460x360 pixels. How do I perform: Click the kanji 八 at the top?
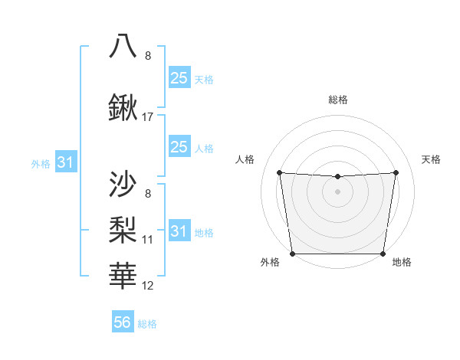(x=124, y=46)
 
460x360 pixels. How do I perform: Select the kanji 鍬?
(x=124, y=109)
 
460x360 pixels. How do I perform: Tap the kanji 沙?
(x=124, y=184)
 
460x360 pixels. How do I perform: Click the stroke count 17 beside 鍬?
(x=148, y=118)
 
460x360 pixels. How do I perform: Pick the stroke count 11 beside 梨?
(x=148, y=240)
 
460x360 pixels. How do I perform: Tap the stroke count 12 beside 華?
(x=148, y=286)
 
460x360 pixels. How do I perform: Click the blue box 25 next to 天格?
(x=179, y=78)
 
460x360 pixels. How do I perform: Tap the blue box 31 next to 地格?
(x=179, y=231)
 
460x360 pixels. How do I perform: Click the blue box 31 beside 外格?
(x=65, y=162)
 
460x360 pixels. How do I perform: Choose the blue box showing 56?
(x=123, y=322)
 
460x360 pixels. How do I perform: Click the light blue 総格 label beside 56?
(x=147, y=324)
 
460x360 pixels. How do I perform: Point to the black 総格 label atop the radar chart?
(x=338, y=100)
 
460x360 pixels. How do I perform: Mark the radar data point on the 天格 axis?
(x=396, y=172)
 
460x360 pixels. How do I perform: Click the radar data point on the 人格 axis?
(x=279, y=172)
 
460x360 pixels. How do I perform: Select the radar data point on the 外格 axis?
(x=293, y=254)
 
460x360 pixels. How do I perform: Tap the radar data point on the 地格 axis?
(x=383, y=254)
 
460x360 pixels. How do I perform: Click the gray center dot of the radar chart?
(x=337, y=191)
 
